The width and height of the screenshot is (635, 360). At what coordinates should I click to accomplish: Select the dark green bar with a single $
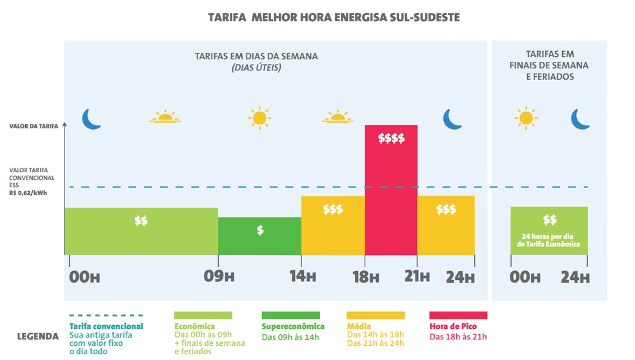pyautogui.click(x=259, y=235)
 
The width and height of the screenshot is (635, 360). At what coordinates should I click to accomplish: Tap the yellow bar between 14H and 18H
pyautogui.click(x=333, y=225)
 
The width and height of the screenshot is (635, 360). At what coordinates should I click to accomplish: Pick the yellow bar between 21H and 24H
pyautogui.click(x=446, y=225)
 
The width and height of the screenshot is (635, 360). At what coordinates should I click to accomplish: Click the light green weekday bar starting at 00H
pyautogui.click(x=141, y=231)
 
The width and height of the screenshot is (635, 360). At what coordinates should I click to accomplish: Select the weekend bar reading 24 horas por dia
pyautogui.click(x=549, y=230)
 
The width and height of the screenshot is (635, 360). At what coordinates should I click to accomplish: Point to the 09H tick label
pyautogui.click(x=218, y=277)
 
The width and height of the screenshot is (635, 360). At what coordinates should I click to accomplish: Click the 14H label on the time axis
pyautogui.click(x=301, y=277)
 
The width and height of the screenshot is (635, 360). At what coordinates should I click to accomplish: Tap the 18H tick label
pyautogui.click(x=365, y=277)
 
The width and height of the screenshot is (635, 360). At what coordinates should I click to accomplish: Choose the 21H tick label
pyautogui.click(x=417, y=277)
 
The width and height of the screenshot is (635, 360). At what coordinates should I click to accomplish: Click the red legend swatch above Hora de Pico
pyautogui.click(x=458, y=315)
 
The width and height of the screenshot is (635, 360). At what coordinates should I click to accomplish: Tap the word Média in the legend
pyautogui.click(x=359, y=326)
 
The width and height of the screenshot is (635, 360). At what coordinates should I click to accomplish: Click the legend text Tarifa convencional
pyautogui.click(x=106, y=326)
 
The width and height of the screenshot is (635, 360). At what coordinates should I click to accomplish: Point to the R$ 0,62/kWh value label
pyautogui.click(x=28, y=192)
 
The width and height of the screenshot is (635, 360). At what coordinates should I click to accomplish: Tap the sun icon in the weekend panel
pyautogui.click(x=526, y=117)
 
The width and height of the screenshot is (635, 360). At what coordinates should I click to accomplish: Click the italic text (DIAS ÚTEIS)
pyautogui.click(x=256, y=68)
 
